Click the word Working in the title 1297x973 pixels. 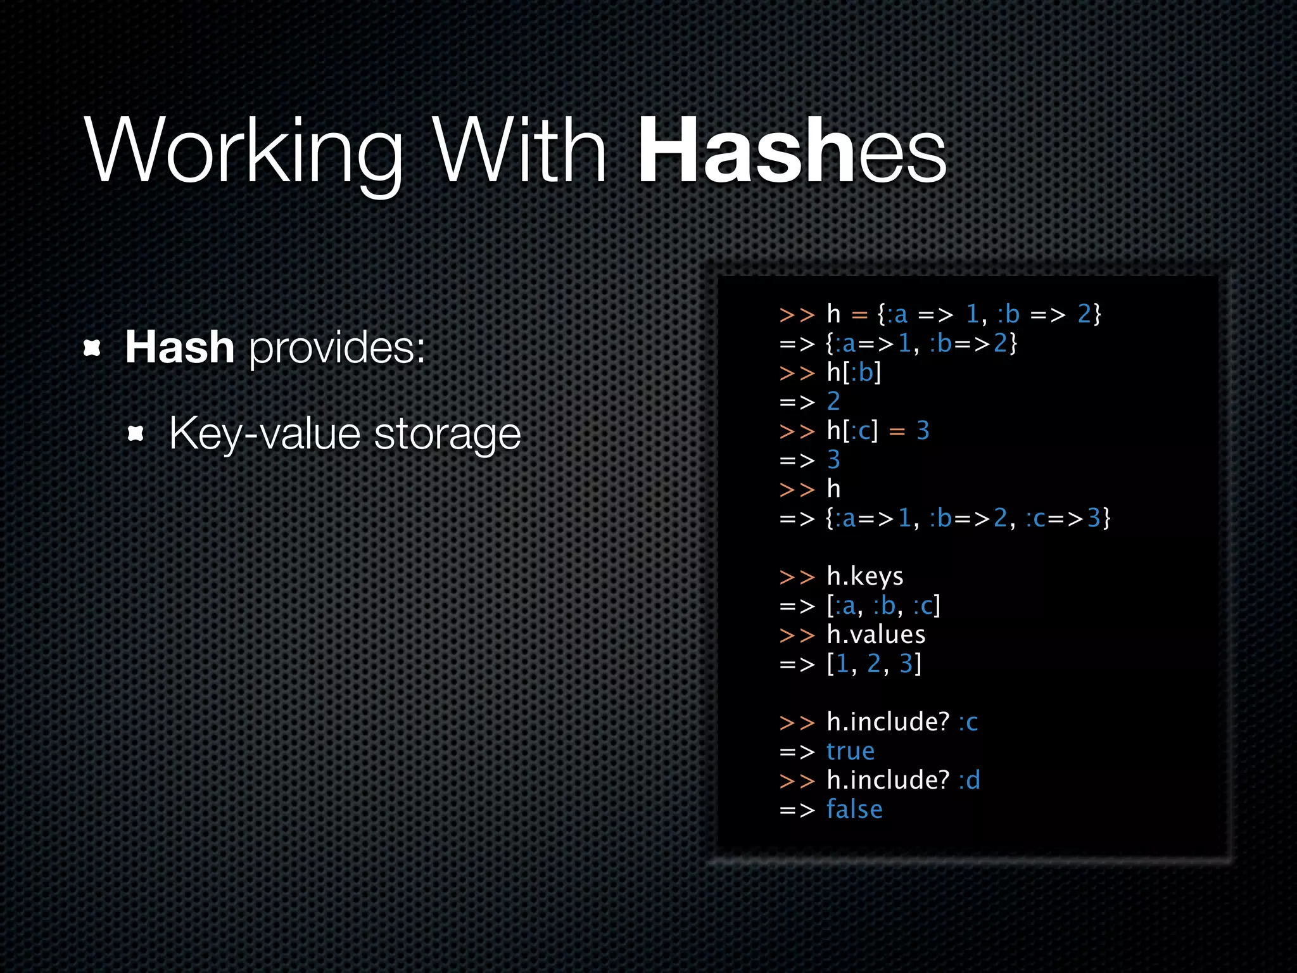tap(244, 152)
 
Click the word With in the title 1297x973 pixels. tap(519, 152)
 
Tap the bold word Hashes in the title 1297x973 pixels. tap(792, 152)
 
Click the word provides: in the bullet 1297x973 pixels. tap(337, 348)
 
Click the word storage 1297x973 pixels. tap(447, 435)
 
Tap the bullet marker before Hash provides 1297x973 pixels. tap(92, 348)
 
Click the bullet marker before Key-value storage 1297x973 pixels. tap(136, 434)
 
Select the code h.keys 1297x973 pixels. tap(865, 576)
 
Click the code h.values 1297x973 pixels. tap(876, 635)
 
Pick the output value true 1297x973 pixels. tap(851, 751)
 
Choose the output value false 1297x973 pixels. tap(854, 810)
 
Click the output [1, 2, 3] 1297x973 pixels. tap(874, 664)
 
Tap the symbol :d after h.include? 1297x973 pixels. tap(969, 780)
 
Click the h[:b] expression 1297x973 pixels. tap(854, 372)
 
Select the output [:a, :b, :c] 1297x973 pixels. tap(883, 606)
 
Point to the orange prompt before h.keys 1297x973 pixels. tap(797, 577)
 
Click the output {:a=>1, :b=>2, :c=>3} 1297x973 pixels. tap(968, 519)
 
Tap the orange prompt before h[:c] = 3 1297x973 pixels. tap(797, 431)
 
